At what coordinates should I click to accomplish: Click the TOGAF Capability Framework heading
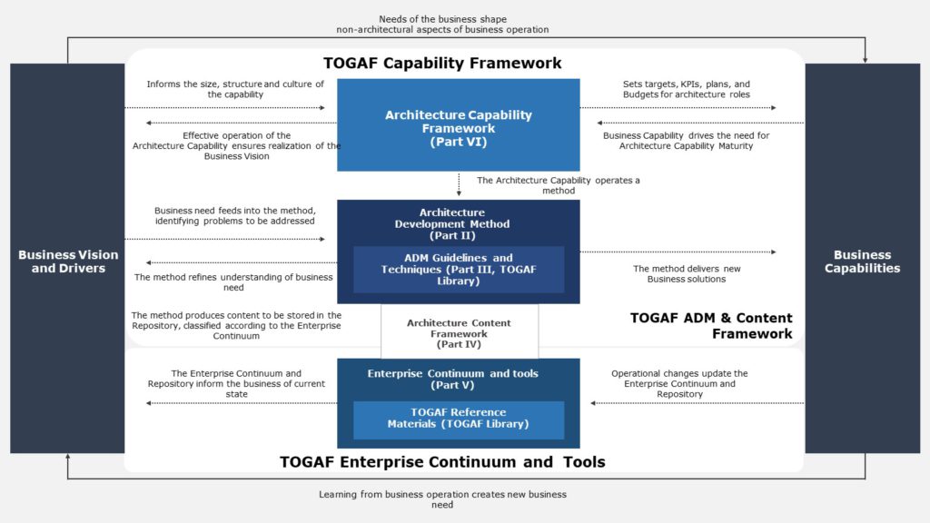[x=442, y=64]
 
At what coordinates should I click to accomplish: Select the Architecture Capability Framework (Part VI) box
[x=458, y=127]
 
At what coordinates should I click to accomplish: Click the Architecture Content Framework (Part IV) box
[x=459, y=333]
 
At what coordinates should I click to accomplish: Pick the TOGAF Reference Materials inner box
[x=458, y=419]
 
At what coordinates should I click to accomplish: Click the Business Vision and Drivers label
[x=68, y=261]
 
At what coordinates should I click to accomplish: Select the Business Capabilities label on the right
[x=862, y=261]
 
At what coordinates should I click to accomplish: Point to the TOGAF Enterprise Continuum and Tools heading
[x=442, y=462]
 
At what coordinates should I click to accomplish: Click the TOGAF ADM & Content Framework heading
[x=711, y=325]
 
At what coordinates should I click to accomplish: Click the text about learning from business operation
[x=442, y=499]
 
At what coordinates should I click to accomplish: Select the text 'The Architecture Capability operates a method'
[x=558, y=185]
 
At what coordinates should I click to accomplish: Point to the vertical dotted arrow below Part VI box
[x=459, y=184]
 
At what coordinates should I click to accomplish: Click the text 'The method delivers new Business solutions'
[x=686, y=273]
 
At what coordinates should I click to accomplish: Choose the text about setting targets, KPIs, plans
[x=686, y=89]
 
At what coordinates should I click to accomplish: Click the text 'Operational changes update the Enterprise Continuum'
[x=678, y=383]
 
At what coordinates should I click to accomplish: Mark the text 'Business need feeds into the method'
[x=234, y=215]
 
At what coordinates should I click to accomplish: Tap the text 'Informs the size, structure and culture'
[x=234, y=89]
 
